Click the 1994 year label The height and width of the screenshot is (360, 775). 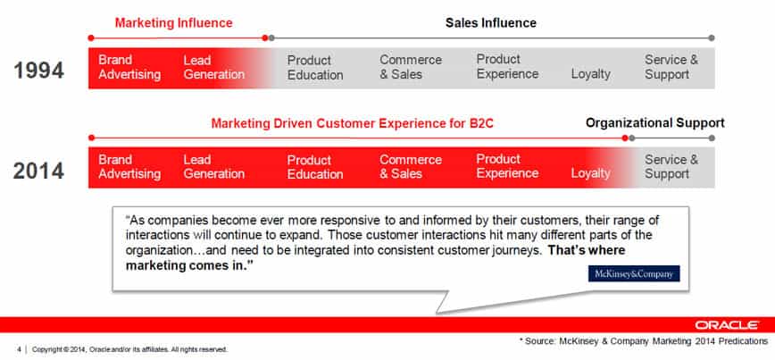pyautogui.click(x=38, y=71)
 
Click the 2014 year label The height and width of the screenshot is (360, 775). pyautogui.click(x=38, y=172)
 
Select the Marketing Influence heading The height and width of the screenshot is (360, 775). pyautogui.click(x=173, y=22)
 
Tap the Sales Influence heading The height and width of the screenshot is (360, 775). pyautogui.click(x=491, y=22)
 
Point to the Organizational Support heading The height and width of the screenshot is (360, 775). pyautogui.click(x=654, y=123)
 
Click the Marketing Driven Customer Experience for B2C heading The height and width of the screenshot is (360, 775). pyautogui.click(x=352, y=123)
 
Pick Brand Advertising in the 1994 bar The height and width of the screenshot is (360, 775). pyautogui.click(x=129, y=67)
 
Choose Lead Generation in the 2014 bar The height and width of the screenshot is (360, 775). pyautogui.click(x=214, y=167)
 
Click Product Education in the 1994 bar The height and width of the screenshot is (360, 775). pyautogui.click(x=315, y=68)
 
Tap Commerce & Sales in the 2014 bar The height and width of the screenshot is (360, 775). pyautogui.click(x=411, y=167)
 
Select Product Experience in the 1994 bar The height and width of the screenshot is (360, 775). pyautogui.click(x=508, y=67)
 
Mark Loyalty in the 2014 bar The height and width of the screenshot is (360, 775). pyautogui.click(x=591, y=173)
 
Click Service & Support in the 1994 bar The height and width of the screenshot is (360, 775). pyautogui.click(x=671, y=67)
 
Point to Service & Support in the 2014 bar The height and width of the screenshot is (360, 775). pyautogui.click(x=671, y=167)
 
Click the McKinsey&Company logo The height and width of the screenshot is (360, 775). pyautogui.click(x=634, y=273)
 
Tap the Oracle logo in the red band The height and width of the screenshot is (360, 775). pyautogui.click(x=727, y=325)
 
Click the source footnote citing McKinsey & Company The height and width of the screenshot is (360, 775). pyautogui.click(x=644, y=341)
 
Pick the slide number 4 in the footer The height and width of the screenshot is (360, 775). pyautogui.click(x=20, y=349)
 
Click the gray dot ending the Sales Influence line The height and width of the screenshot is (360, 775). pyautogui.click(x=712, y=38)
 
